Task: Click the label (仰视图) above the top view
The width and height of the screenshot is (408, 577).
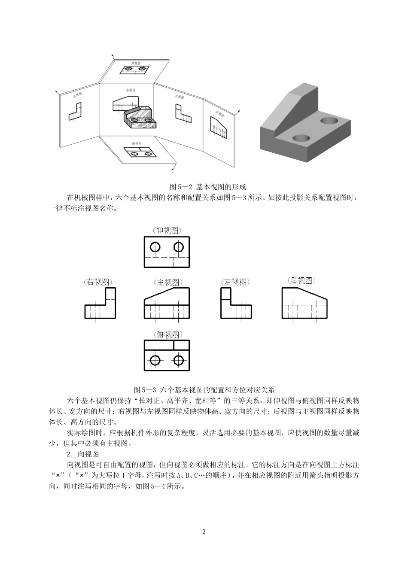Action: coord(167,231)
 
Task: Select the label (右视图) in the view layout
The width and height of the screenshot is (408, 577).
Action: coord(98,282)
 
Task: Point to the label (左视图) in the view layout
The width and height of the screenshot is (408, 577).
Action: coord(235,282)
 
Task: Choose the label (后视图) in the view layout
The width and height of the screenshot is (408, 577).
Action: coord(301,281)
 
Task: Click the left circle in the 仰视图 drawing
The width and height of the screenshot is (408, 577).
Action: coord(155,247)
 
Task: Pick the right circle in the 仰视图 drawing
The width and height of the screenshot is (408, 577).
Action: coord(178,247)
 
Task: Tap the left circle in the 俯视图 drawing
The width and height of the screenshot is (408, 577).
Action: coord(155,360)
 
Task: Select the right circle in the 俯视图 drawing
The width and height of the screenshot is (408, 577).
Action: coord(178,360)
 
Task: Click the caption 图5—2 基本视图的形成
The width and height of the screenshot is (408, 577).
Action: coord(208,187)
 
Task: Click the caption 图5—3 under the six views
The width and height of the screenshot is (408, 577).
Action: coord(204,390)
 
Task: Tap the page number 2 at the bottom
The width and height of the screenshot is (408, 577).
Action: coord(204,532)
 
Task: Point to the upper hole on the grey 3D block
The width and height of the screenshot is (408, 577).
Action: coord(329,120)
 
